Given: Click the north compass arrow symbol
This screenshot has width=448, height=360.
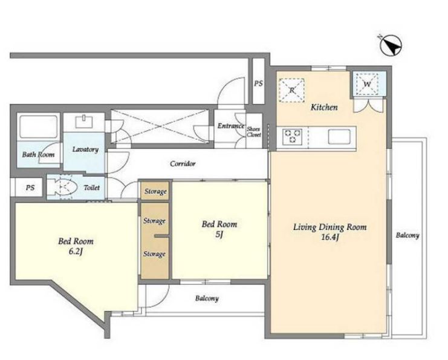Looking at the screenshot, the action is coord(391,45).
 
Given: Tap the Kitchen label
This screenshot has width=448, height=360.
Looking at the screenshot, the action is coord(324,107).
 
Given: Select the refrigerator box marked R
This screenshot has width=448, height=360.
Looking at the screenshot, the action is coord(291,90).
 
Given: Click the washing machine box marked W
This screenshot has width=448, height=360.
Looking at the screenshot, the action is coord(367,84).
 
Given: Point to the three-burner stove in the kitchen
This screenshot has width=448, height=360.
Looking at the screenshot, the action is coord(292,137).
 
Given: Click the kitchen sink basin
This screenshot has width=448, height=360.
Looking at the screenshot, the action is coord(339,137).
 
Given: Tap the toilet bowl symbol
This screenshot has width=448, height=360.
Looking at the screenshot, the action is coord(62,188).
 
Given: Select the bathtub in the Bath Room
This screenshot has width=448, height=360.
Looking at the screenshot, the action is coord(39,126).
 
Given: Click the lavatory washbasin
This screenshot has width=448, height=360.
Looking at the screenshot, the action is coord(84,121).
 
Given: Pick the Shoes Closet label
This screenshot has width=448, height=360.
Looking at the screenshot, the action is coord(254,132).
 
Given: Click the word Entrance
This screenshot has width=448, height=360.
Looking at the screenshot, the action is coord(230,125).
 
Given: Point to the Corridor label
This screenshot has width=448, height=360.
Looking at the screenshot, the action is coord(183,163).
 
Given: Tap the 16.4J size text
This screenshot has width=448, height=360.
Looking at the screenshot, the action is coord(330,237).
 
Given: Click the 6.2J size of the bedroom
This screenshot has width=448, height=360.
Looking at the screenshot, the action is coord(76,251).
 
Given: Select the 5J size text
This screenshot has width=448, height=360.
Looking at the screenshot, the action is coord(219,234).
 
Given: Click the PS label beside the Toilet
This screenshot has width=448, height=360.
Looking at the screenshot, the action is coord(30,188).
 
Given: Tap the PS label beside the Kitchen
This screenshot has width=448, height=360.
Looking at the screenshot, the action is coord(258,83).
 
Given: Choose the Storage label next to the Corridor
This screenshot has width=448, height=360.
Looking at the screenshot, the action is coord(155,191).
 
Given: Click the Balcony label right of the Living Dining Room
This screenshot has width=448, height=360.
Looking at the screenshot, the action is coord(407,235).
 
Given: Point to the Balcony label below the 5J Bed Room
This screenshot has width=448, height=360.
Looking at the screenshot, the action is coord(207,298).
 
